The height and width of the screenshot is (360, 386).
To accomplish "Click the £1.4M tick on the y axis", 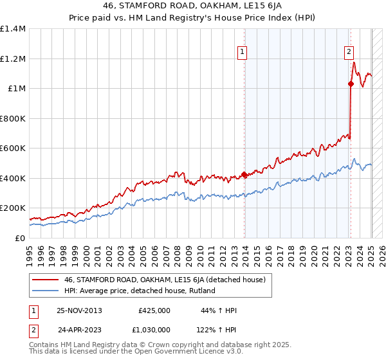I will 12,29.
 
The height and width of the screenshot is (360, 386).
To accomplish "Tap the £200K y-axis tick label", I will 12,208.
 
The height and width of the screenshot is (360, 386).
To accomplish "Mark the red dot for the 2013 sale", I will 244,174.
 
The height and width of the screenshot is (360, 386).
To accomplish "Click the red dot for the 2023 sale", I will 351,84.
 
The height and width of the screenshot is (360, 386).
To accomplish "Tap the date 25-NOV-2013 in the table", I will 80,310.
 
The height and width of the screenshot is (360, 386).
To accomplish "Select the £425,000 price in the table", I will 154,310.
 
